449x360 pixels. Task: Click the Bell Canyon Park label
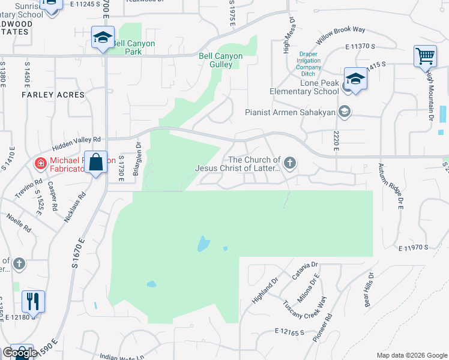134,47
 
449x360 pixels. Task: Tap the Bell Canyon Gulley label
221,60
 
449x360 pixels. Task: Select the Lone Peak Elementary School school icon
355,79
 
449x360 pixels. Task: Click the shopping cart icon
425,56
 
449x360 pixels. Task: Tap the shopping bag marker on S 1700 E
95,162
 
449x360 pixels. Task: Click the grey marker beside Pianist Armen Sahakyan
345,111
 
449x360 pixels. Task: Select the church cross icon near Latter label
290,163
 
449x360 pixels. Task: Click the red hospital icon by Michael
40,162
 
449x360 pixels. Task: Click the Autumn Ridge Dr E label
398,187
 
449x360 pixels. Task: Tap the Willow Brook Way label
341,36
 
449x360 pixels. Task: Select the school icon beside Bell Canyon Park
103,38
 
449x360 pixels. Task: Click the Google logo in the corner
20,353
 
